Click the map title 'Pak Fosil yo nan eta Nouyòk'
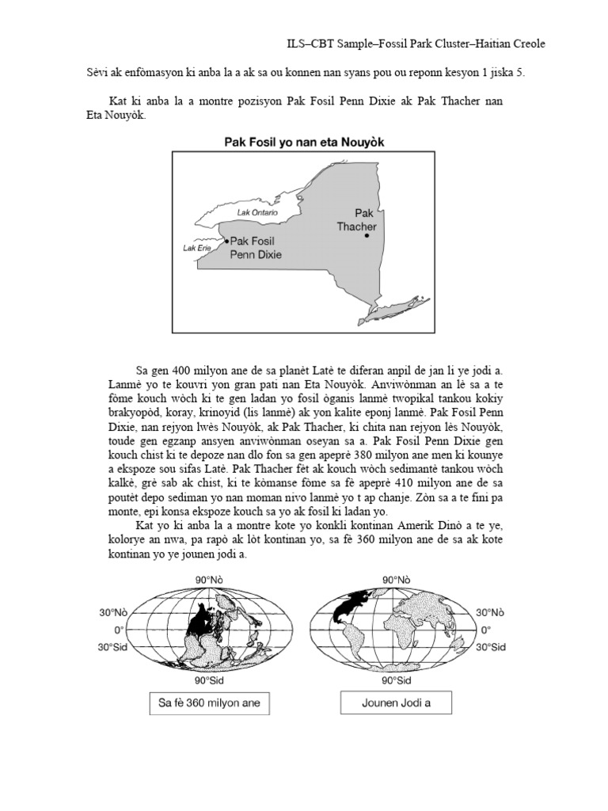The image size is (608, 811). (x=304, y=142)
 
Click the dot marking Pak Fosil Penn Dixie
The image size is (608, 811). (x=226, y=239)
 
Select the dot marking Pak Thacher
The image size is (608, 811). (x=366, y=235)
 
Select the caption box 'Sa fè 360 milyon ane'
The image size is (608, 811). (x=204, y=702)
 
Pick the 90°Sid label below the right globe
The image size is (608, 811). (x=396, y=680)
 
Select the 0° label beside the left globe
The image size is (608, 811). (x=120, y=630)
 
